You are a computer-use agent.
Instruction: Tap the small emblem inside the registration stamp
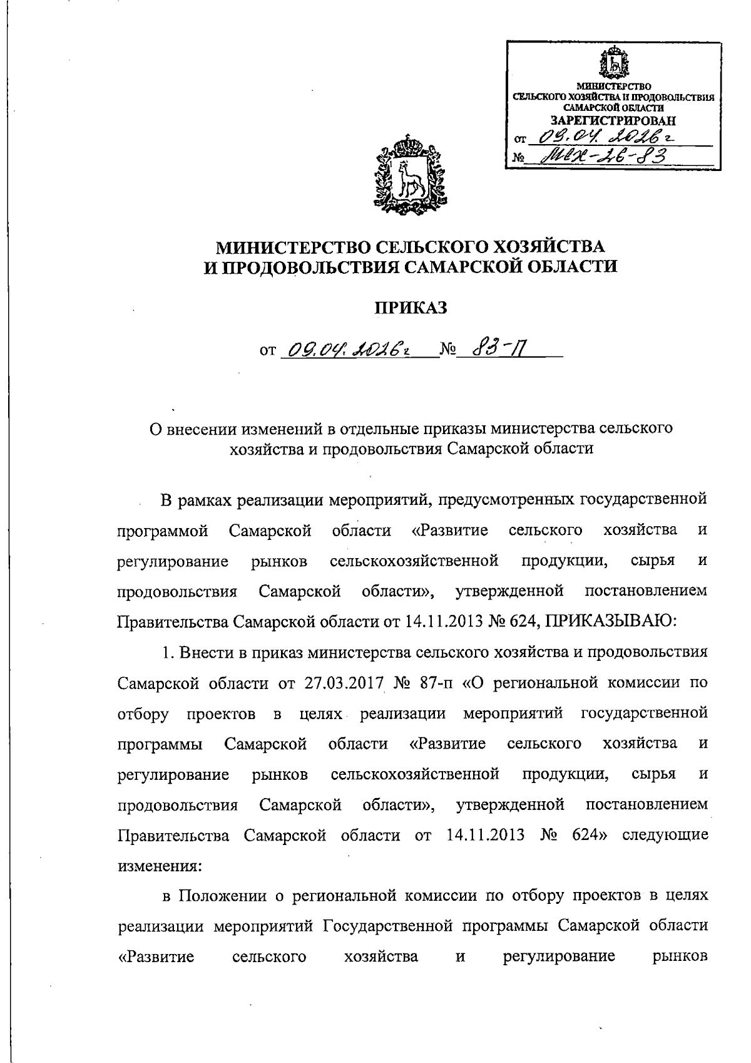click(x=615, y=63)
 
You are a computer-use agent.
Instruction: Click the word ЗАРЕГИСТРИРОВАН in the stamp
click(x=613, y=120)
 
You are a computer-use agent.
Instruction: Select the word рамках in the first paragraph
click(x=209, y=500)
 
